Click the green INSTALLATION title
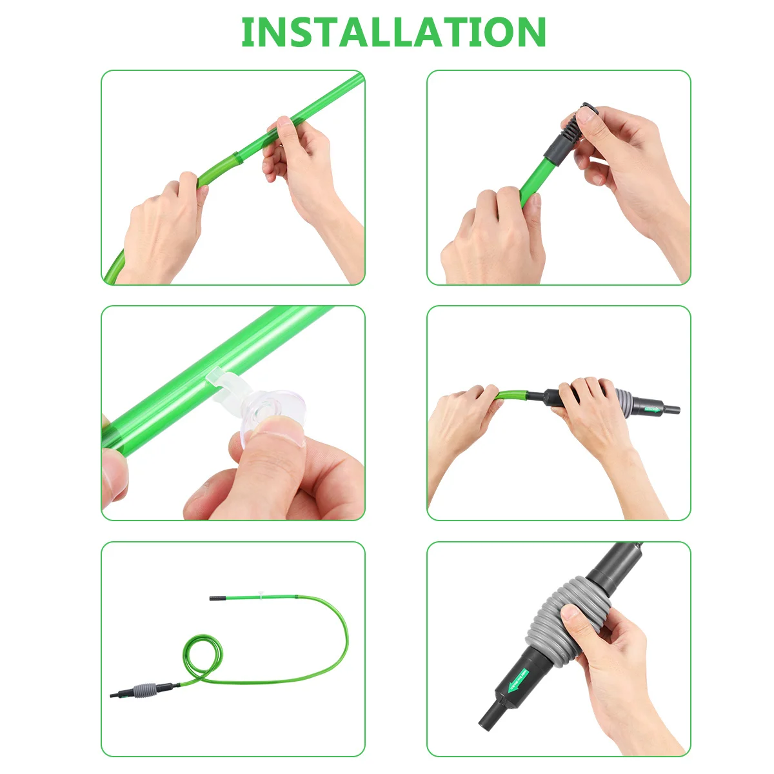(393, 32)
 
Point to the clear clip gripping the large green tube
(219, 380)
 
